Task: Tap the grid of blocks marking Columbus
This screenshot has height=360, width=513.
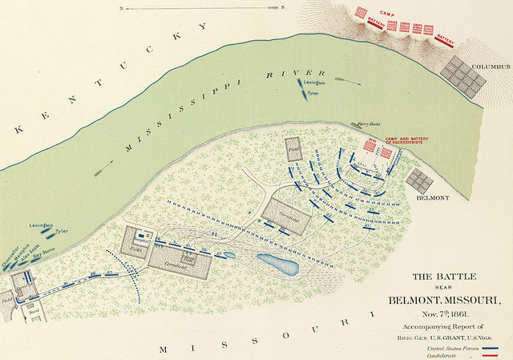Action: pos(466,74)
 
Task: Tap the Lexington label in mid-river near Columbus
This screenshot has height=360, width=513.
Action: pos(314,83)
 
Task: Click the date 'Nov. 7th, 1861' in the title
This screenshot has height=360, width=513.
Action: pos(438,314)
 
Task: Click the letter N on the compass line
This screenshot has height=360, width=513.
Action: pos(121,7)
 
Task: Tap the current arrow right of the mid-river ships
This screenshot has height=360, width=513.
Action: pos(344,79)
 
